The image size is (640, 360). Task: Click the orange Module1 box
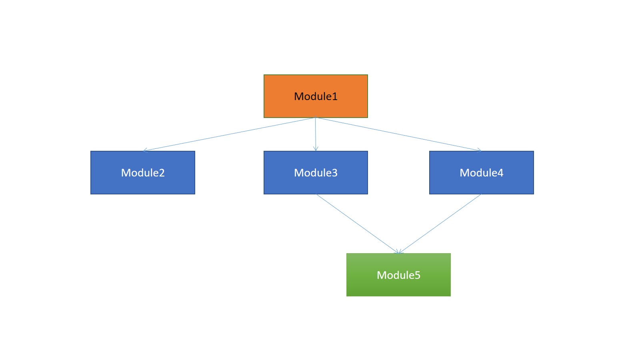point(280,106)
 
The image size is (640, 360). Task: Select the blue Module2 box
point(104,184)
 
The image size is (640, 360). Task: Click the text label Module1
point(315,96)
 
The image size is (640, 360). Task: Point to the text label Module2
point(143,173)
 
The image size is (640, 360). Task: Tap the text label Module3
point(315,173)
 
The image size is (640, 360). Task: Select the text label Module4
point(481,173)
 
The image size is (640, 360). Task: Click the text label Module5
point(398,275)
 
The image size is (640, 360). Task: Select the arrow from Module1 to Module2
point(229,134)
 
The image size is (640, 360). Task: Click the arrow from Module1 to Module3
point(316,134)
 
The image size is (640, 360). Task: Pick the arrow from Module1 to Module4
point(398,134)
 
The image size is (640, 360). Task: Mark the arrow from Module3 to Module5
point(357,224)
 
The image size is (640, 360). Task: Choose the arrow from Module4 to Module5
point(440,224)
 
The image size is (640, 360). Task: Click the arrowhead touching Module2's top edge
point(145,150)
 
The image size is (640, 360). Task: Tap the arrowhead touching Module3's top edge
point(316,149)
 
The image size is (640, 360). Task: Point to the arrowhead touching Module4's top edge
point(479,150)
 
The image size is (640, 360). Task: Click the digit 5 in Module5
point(418,275)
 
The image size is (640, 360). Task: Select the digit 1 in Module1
point(335,96)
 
